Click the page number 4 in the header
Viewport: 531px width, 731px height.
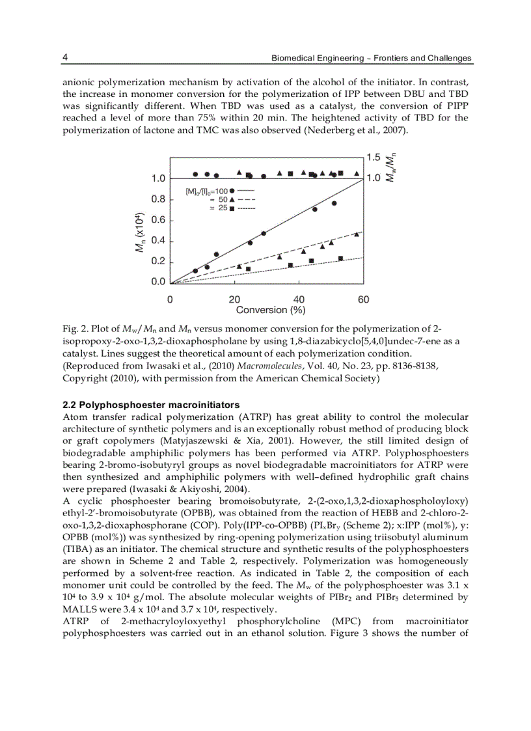click(x=65, y=57)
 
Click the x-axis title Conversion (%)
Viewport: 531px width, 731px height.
click(x=271, y=310)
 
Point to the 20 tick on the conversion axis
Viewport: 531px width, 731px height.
click(x=234, y=299)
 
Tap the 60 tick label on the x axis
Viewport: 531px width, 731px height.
click(x=363, y=299)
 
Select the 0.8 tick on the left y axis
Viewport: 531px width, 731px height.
click(x=158, y=199)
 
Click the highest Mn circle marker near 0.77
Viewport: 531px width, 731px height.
click(x=334, y=203)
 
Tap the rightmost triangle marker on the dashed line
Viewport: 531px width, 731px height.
click(x=356, y=234)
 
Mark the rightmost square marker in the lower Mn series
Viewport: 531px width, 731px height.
click(x=340, y=258)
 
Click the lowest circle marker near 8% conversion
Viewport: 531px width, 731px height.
click(x=195, y=270)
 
